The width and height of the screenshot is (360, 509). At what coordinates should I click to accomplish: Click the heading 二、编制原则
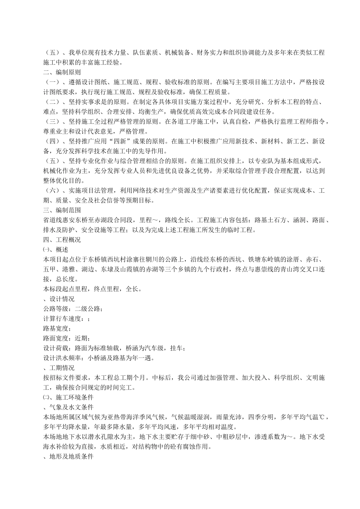61,72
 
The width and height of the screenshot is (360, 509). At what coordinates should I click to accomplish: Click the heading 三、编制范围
61,210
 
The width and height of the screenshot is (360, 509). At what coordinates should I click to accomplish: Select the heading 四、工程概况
61,240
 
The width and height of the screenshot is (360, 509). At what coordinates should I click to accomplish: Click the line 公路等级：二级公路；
73,309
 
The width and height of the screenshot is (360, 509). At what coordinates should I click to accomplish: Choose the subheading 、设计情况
59,299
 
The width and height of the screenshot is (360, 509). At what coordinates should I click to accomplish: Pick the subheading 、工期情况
59,368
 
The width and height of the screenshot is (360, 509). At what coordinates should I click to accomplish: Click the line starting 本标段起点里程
92,289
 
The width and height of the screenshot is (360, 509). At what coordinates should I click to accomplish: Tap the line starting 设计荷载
114,348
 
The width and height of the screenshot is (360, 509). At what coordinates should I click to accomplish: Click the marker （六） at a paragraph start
52,190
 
